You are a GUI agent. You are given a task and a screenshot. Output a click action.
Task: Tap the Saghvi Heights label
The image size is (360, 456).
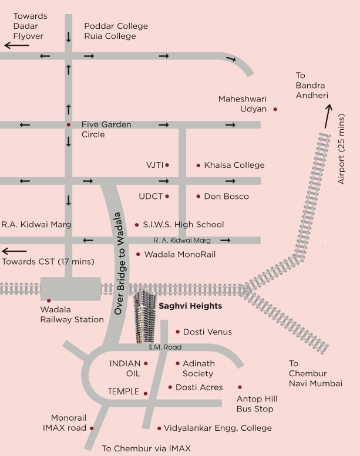click(x=190, y=306)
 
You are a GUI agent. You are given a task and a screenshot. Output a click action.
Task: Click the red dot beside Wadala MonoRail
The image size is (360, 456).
click(x=138, y=254)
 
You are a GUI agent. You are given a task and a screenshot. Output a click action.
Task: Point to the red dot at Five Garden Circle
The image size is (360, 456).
click(x=69, y=125)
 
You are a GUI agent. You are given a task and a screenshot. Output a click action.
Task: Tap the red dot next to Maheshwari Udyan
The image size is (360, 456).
click(x=275, y=109)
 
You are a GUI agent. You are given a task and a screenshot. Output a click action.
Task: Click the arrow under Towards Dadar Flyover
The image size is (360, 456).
click(x=16, y=45)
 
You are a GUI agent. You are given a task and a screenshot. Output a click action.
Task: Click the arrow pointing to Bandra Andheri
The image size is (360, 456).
click(x=327, y=116)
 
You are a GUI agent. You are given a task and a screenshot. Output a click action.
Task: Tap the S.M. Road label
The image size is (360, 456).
click(x=165, y=347)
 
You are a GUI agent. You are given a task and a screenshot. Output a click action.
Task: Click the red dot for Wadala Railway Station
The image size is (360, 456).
click(x=49, y=300)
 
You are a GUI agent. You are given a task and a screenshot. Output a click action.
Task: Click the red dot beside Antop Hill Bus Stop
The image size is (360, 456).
click(x=240, y=387)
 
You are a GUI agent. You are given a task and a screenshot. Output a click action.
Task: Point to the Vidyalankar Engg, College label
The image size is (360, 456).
click(x=217, y=428)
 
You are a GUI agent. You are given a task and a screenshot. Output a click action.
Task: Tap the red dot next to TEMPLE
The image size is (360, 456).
click(x=146, y=393)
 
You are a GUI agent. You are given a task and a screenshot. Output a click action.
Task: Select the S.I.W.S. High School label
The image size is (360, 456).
click(x=183, y=225)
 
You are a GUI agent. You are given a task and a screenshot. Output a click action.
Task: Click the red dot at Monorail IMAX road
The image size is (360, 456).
click(x=92, y=428)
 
